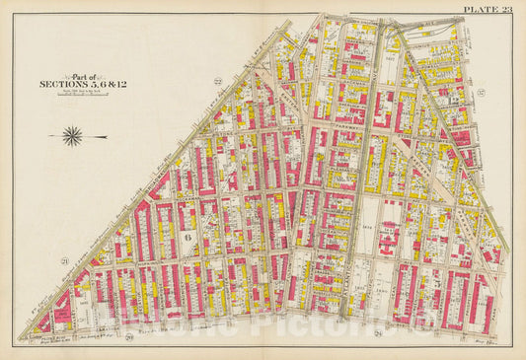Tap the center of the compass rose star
click(x=72, y=136)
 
